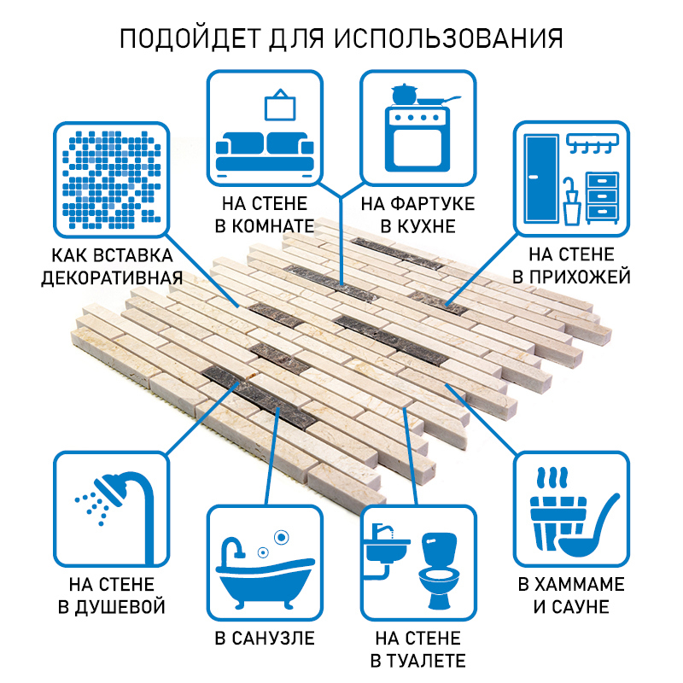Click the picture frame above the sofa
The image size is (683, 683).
279,106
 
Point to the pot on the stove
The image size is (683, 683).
402,93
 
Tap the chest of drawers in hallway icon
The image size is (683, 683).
602,196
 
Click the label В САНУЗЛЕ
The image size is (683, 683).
264,638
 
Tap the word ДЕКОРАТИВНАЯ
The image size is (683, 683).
112,278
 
